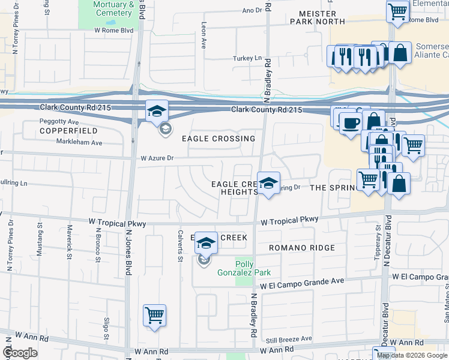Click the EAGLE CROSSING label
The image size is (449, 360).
tap(218, 139)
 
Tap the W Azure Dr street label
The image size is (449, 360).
tap(157, 159)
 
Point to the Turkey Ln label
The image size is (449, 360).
tap(249, 58)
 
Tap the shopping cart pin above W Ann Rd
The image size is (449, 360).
tap(154, 314)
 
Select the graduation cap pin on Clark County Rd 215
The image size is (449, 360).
tap(157, 110)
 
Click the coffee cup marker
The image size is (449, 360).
tap(350, 123)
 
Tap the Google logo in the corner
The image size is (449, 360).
tap(20, 353)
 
